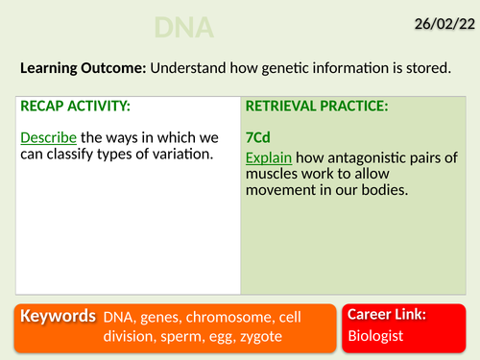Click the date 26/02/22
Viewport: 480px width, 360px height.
tap(437, 18)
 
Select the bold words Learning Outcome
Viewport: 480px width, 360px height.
tap(78, 69)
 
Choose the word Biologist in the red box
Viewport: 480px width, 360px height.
tap(375, 335)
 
